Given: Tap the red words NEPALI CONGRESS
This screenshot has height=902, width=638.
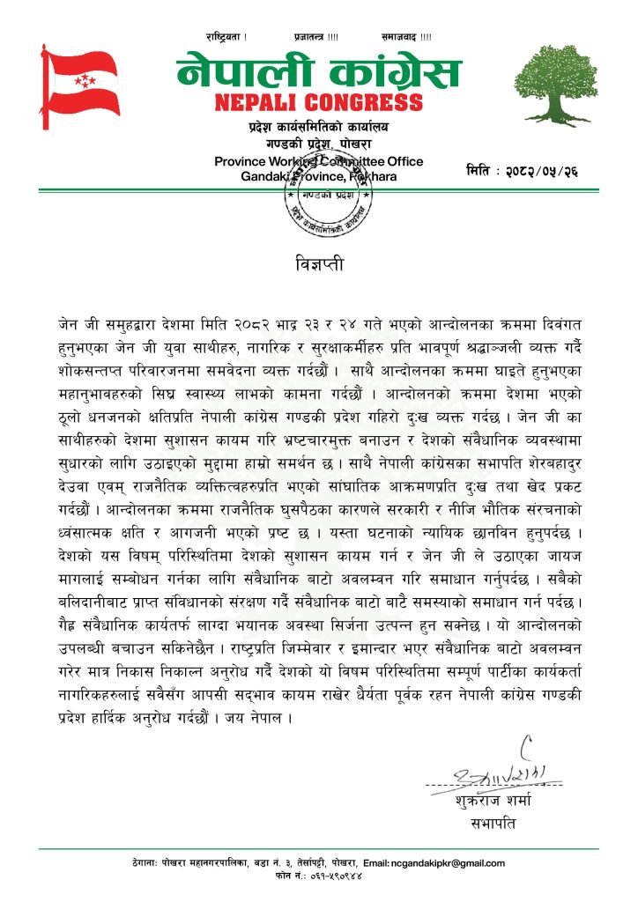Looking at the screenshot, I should pyautogui.click(x=318, y=102).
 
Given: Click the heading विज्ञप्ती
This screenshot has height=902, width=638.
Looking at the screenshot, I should pyautogui.click(x=318, y=264).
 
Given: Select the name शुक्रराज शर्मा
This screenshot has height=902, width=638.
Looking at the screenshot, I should pyautogui.click(x=493, y=803).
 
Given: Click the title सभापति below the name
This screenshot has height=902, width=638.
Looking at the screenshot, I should pyautogui.click(x=493, y=824).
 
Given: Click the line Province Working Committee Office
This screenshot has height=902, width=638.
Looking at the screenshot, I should pyautogui.click(x=318, y=161).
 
